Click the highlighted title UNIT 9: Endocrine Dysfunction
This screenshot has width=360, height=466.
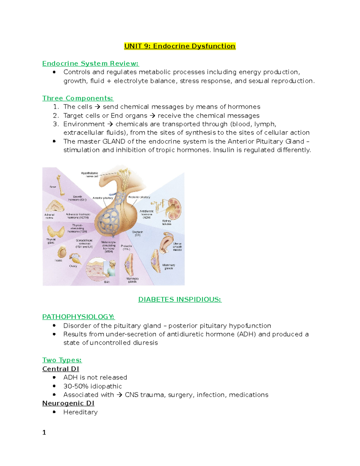(180, 46)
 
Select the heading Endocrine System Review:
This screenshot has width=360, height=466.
(90, 63)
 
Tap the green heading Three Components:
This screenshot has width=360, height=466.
(78, 98)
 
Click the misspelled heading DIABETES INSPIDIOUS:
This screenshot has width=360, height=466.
(180, 299)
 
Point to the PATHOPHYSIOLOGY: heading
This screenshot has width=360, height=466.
(78, 317)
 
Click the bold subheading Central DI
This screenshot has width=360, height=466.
(61, 369)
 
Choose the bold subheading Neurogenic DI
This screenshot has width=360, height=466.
(68, 403)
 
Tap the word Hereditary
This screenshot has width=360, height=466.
(80, 412)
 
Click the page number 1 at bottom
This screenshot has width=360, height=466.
(44, 432)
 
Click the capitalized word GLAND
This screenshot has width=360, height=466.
(114, 141)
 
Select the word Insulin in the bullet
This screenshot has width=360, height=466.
(223, 150)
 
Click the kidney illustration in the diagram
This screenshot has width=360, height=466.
(173, 208)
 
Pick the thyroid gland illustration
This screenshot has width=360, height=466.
(56, 232)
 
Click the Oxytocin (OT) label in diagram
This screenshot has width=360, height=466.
(137, 233)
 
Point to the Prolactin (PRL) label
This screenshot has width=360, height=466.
(126, 247)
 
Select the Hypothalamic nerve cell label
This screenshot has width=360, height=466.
(89, 175)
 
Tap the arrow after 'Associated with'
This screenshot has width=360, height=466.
(119, 395)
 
